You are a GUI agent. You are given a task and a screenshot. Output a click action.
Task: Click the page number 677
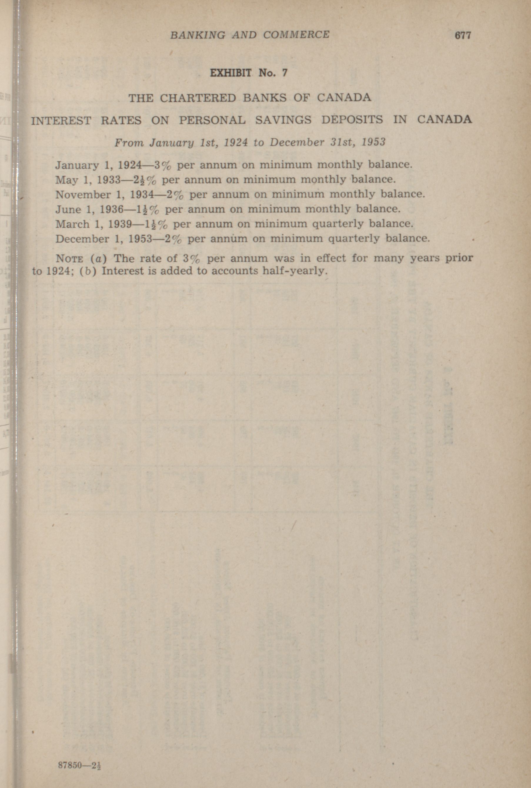click(462, 35)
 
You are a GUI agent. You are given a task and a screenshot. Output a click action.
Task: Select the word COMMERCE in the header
click(296, 34)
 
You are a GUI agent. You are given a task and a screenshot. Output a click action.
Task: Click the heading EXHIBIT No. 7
click(248, 73)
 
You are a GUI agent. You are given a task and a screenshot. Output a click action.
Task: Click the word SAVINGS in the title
click(283, 120)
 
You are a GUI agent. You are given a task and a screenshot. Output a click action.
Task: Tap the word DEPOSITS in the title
click(352, 120)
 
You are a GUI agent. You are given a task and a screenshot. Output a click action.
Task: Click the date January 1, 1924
click(98, 165)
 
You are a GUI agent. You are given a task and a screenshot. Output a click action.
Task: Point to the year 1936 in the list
click(111, 210)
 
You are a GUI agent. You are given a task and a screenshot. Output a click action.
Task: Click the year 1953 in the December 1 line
click(140, 239)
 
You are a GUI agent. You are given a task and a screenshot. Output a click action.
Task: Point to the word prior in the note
click(459, 258)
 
